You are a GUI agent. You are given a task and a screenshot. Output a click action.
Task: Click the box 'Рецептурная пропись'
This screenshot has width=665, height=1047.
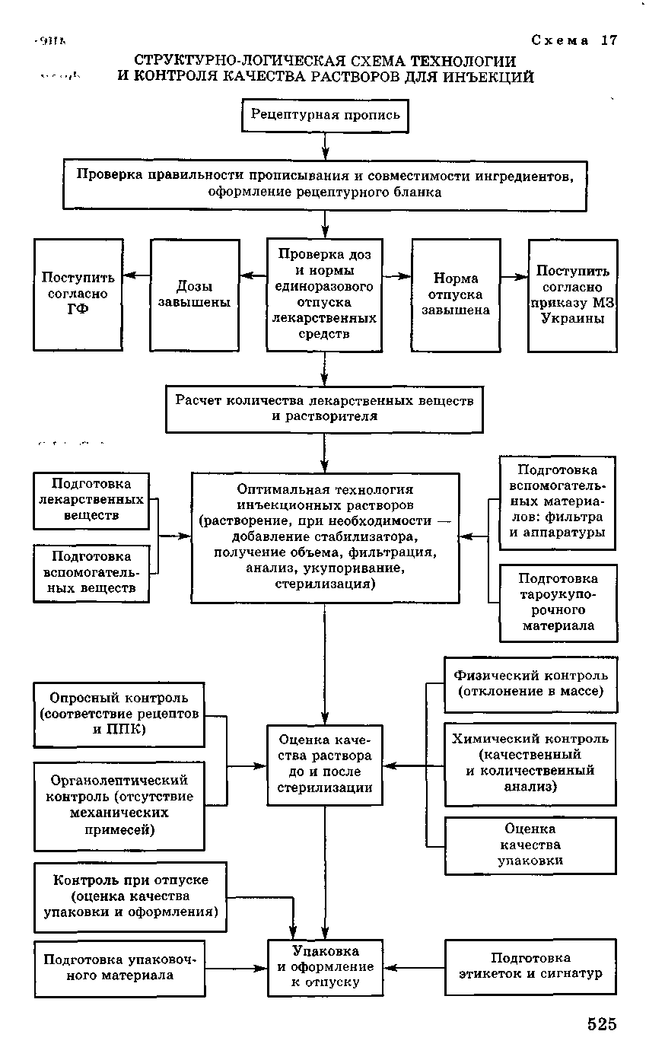(325, 116)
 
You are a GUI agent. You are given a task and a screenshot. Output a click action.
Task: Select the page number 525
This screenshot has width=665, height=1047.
(601, 1024)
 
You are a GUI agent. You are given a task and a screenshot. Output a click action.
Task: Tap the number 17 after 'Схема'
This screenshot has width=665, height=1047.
(609, 41)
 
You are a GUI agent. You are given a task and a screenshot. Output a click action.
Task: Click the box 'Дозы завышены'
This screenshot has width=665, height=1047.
(195, 294)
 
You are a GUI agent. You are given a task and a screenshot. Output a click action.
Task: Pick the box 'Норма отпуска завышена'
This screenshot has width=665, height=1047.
(456, 294)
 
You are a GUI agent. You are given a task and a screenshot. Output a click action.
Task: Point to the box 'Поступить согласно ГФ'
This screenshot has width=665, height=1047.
(78, 294)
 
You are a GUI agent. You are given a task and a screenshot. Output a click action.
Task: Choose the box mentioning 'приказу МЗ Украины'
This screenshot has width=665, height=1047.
(573, 294)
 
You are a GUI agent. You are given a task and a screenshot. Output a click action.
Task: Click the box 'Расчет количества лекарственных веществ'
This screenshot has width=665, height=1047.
(325, 409)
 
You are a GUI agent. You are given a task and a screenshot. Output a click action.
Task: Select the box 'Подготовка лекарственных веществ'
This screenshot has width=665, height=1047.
(91, 500)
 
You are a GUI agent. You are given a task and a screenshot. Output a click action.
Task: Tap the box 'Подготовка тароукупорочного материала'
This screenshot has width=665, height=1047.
(558, 603)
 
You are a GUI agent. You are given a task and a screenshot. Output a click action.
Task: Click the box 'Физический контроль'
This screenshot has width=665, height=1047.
(530, 683)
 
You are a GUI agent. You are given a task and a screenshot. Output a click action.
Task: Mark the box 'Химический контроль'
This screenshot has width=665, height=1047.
(530, 763)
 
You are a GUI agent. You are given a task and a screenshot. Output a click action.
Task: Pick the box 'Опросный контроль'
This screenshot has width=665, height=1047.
(119, 714)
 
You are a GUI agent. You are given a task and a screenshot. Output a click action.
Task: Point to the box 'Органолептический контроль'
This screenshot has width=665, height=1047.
(119, 806)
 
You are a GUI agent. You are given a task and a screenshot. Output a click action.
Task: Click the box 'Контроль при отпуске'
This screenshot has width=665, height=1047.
(130, 896)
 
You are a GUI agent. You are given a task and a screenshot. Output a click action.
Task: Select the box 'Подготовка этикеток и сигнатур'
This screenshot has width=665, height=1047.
(530, 966)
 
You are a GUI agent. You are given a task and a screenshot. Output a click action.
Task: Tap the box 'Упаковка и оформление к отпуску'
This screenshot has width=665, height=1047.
(325, 967)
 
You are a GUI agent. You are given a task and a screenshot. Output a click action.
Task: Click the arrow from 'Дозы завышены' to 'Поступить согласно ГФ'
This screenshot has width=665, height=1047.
(137, 275)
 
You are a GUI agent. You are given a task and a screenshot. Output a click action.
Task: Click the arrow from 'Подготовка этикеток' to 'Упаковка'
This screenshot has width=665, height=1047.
(414, 968)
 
